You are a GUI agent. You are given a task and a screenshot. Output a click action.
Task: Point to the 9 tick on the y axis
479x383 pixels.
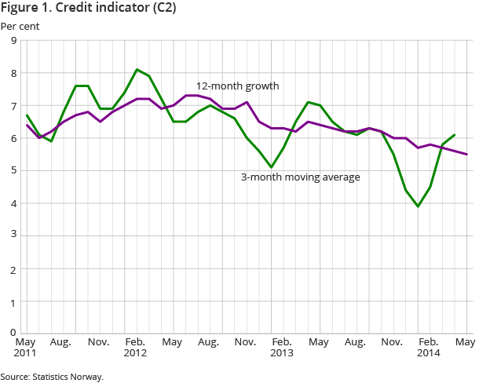coord(14,41)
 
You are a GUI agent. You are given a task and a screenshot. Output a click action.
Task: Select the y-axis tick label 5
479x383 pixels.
coord(14,171)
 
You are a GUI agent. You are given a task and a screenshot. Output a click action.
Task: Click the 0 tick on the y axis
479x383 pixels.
coord(14,334)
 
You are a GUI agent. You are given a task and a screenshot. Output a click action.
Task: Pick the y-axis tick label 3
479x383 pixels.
coord(14,236)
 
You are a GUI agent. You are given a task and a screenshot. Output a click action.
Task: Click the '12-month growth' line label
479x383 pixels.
coord(237,86)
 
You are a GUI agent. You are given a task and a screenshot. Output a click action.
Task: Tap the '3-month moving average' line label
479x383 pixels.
coord(300,177)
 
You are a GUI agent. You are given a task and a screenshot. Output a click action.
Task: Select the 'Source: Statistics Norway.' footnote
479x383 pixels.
coord(52,377)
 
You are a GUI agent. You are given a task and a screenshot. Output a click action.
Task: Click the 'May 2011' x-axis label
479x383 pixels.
coord(26,348)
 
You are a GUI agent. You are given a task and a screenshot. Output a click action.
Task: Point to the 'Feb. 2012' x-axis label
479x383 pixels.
coord(135,348)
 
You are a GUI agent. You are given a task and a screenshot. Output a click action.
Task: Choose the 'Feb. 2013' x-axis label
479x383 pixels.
coord(282,348)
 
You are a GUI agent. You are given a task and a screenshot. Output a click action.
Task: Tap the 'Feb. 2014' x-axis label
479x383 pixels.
coord(428,348)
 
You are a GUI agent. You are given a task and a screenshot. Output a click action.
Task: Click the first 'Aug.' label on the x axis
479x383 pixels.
coord(62,342)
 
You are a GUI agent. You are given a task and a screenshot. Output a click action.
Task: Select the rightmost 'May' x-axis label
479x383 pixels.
coord(466,342)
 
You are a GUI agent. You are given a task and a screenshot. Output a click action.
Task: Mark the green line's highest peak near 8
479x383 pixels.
coord(137,70)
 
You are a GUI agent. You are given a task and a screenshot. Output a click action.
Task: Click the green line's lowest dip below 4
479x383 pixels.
coord(418,206)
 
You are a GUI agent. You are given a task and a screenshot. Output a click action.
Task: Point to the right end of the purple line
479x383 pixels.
coord(466,154)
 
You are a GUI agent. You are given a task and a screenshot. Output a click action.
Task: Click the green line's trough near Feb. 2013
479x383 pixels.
coord(271,167)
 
